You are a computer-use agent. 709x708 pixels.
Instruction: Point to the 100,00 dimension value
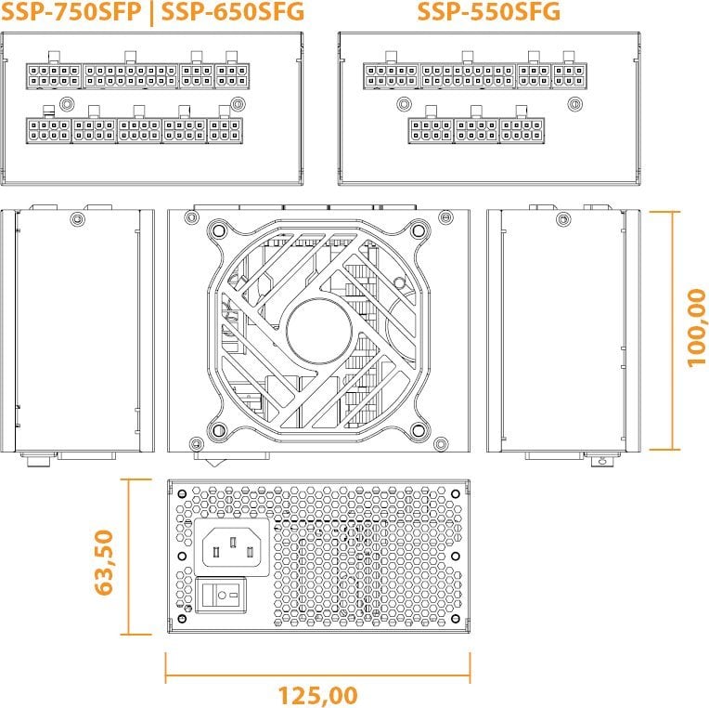[x=696, y=327]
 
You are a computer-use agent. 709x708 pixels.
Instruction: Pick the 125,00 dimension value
[x=317, y=694]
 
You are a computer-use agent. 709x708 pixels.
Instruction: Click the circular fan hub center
[x=319, y=331]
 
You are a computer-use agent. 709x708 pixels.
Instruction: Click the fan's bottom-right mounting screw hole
[x=419, y=430]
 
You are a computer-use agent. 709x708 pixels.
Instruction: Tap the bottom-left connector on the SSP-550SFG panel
[x=430, y=131]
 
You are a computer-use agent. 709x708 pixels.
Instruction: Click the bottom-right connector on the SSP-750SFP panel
[x=225, y=131]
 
